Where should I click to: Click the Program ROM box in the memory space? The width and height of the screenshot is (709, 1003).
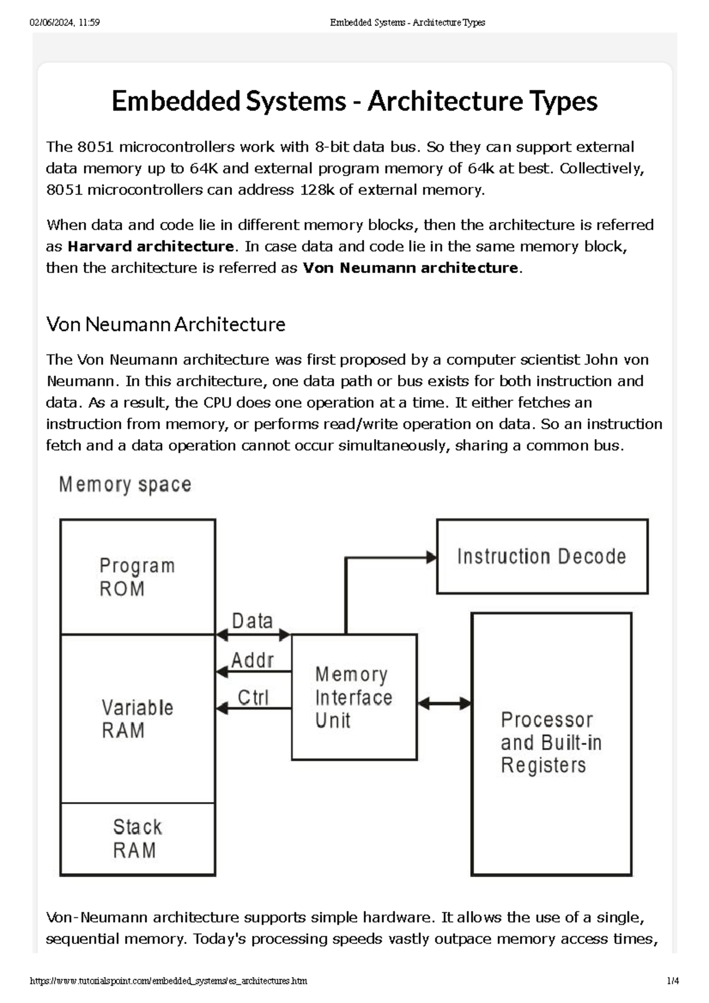pyautogui.click(x=138, y=577)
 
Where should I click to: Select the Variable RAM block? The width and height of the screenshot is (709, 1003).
pyautogui.click(x=138, y=718)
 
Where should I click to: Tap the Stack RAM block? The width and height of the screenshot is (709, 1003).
pyautogui.click(x=138, y=839)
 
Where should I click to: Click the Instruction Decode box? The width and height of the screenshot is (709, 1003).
pyautogui.click(x=542, y=556)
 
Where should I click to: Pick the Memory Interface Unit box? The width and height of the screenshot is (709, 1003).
pyautogui.click(x=354, y=697)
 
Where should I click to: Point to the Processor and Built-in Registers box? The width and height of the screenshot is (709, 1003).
pyautogui.click(x=551, y=743)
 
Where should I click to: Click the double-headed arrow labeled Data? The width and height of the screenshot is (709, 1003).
pyautogui.click(x=253, y=635)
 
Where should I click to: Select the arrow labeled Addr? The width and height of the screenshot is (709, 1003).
pyautogui.click(x=253, y=672)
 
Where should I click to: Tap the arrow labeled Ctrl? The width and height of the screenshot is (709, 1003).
pyautogui.click(x=253, y=708)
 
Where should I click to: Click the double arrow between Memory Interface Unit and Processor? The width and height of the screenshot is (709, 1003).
pyautogui.click(x=444, y=704)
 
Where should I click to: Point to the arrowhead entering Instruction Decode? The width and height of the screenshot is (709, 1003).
pyautogui.click(x=432, y=557)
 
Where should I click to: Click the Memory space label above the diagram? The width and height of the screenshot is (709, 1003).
pyautogui.click(x=125, y=485)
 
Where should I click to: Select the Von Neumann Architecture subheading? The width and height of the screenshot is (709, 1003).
pyautogui.click(x=165, y=324)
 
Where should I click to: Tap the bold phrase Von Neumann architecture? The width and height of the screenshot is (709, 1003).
pyautogui.click(x=410, y=268)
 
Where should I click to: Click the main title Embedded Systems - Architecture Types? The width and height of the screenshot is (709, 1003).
pyautogui.click(x=354, y=101)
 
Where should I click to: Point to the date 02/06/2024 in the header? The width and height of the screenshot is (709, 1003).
pyautogui.click(x=51, y=22)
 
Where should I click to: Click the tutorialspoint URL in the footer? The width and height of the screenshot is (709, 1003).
pyautogui.click(x=168, y=981)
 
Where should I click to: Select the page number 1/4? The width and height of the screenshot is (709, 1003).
pyautogui.click(x=672, y=981)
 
